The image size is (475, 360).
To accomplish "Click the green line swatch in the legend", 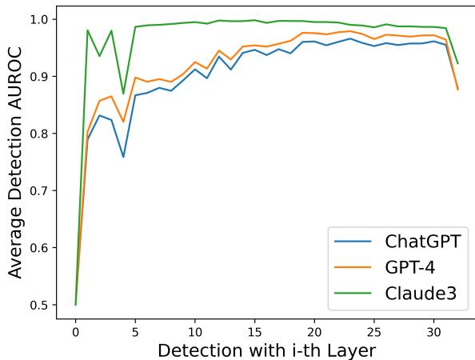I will pyautogui.click(x=353, y=294).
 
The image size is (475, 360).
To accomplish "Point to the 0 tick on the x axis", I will pyautogui.click(x=75, y=329).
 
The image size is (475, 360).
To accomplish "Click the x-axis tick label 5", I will pyautogui.click(x=135, y=329).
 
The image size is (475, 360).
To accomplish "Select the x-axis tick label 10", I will pyautogui.click(x=195, y=329).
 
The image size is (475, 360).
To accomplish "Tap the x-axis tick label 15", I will pyautogui.click(x=254, y=329).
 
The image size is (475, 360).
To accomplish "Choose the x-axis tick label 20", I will pyautogui.click(x=314, y=329).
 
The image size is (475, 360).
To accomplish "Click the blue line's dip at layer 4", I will pyautogui.click(x=123, y=157).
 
